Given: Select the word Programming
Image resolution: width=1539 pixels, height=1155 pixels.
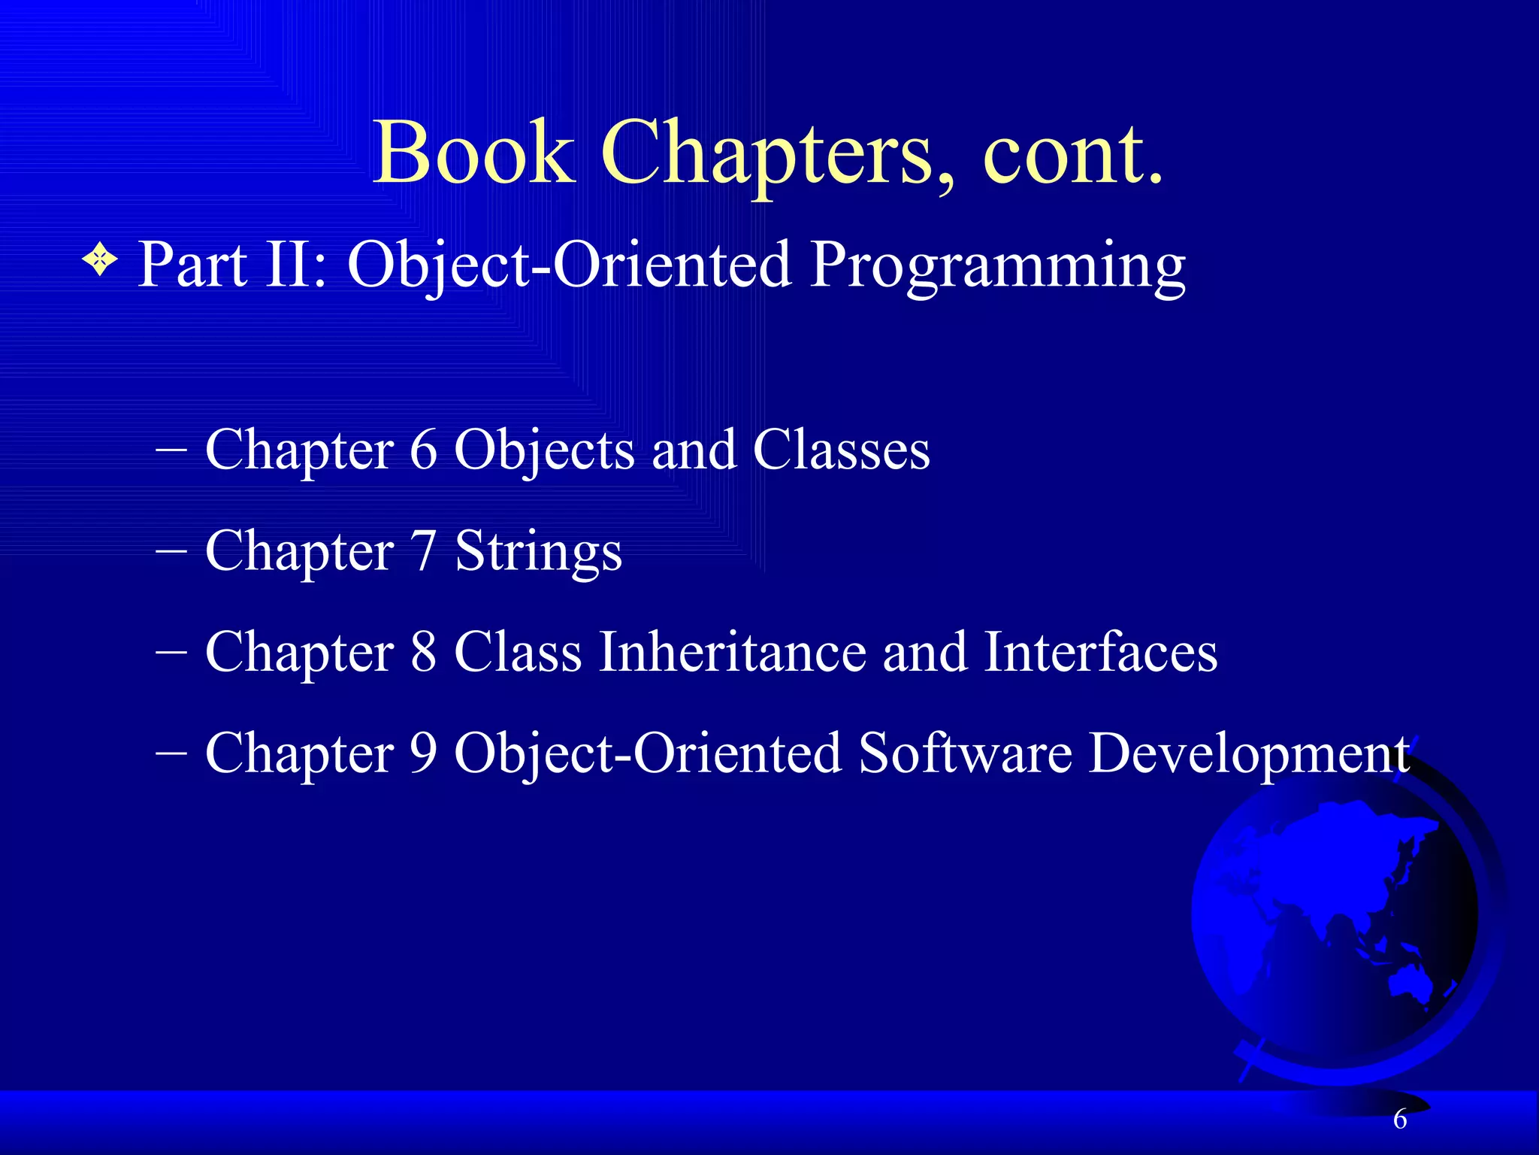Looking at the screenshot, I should point(998,266).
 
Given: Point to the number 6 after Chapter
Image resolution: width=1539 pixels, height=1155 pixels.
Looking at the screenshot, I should point(424,450).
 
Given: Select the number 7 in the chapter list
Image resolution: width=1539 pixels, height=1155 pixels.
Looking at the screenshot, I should point(424,551).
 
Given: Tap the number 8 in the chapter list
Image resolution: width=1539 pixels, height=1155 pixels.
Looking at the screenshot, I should point(424,652).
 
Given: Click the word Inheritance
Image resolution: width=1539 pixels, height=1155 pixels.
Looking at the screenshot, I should point(732,652).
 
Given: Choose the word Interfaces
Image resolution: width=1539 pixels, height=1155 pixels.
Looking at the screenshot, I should point(1101,652).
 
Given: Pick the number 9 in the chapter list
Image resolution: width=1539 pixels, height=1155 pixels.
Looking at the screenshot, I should point(424,753).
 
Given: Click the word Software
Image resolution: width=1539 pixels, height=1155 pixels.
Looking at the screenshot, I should point(966,753).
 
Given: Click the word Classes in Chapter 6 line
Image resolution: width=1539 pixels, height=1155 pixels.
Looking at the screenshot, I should point(842,450).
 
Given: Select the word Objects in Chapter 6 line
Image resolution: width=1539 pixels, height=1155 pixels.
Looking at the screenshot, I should point(545,452).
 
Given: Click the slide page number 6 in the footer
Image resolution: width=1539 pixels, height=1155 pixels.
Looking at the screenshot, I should point(1400,1120).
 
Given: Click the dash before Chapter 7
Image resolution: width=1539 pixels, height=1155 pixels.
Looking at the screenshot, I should point(171,551).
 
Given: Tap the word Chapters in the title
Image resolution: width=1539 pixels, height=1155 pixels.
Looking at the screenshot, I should point(778,154).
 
